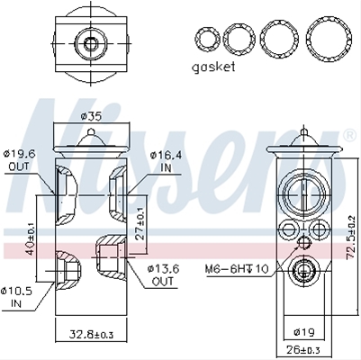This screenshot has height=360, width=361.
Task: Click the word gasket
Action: (x=213, y=67)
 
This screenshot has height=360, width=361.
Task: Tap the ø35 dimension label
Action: (x=91, y=116)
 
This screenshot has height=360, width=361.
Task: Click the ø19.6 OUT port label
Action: (x=19, y=160)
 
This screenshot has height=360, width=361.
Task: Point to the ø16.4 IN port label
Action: (x=166, y=162)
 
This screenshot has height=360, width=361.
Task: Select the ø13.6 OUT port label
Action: (x=163, y=275)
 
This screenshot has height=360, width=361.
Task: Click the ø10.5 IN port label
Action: (x=17, y=297)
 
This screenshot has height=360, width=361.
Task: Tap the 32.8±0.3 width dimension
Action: (x=92, y=334)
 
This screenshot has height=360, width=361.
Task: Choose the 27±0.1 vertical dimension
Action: (x=140, y=222)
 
